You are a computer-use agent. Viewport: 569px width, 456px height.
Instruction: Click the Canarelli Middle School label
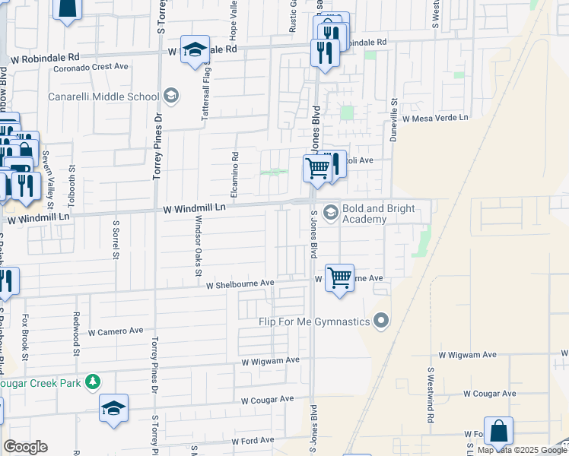click(103, 97)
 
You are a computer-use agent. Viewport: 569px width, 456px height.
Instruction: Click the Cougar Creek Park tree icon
click(93, 380)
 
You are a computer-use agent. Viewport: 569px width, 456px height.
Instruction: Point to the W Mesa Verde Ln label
click(436, 119)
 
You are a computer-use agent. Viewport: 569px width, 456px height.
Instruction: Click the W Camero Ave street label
click(116, 331)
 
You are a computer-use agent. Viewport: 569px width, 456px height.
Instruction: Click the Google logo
click(25, 447)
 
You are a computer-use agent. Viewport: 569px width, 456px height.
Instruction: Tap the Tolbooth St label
click(72, 184)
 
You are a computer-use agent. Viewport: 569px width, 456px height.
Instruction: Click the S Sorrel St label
click(116, 240)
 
